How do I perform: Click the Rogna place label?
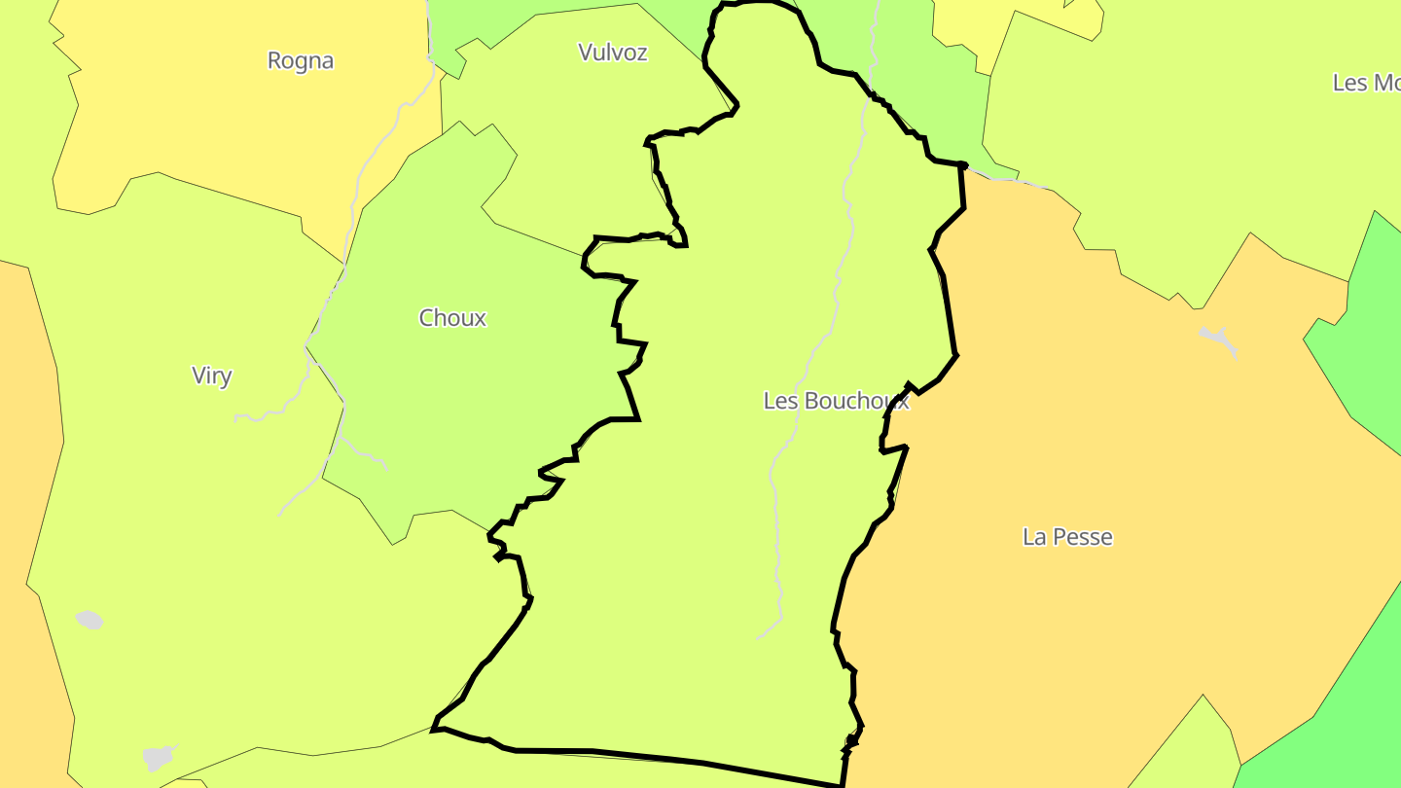click(301, 60)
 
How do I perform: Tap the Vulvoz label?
click(613, 53)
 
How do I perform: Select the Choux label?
click(452, 318)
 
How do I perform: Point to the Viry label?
click(211, 376)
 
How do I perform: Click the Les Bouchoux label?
click(836, 401)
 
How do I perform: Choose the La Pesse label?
click(1067, 537)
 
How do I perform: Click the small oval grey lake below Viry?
click(90, 620)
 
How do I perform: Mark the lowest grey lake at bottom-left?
click(158, 757)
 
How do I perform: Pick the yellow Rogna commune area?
click(243, 126)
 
